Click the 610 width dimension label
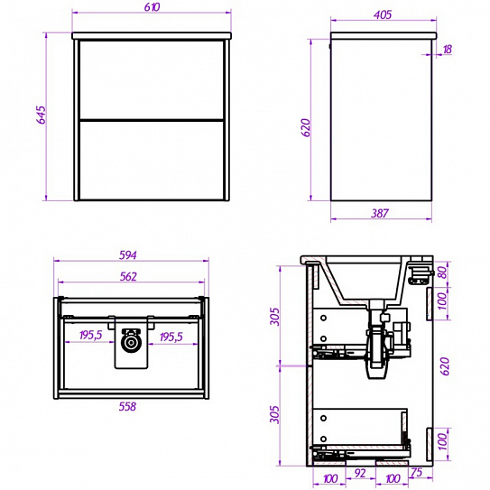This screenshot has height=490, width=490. tap(152, 7)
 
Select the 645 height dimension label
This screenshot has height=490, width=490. tap(42, 115)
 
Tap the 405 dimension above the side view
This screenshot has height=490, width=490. tap(383, 14)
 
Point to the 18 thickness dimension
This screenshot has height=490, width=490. tap(448, 49)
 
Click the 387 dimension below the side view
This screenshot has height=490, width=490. tap(380, 213)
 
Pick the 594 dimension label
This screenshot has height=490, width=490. tap(128, 255)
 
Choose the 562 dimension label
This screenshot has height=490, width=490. tap(128, 276)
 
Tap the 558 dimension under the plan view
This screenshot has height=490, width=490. tap(127, 406)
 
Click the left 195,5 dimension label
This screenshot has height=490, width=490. tap(90, 336)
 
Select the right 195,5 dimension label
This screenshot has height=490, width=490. tap(171, 337)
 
